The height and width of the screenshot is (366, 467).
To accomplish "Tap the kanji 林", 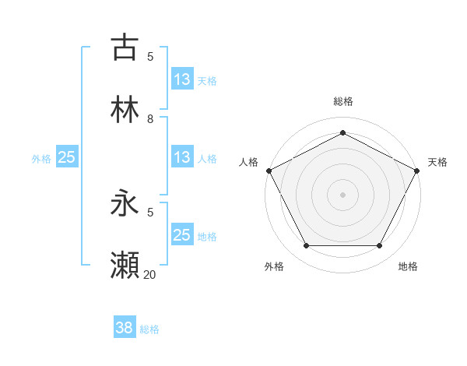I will coord(125,110).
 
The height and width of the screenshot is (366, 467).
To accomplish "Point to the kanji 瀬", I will coord(125,266).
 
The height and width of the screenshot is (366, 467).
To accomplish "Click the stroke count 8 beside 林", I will coord(150,119).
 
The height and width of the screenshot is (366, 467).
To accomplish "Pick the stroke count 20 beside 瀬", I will coord(150,274).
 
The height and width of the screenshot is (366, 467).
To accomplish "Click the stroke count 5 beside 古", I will coord(150,56).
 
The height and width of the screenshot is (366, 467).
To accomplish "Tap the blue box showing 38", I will coord(125,328).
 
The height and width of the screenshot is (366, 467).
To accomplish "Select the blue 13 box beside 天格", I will coord(182,79).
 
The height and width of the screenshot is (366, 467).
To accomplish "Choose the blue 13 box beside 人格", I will coord(182,157).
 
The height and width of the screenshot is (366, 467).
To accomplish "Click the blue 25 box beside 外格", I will coord(67,157).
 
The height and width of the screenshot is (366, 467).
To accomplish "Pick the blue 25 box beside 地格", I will coord(182,235).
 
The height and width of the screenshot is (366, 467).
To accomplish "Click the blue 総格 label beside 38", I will coord(149,329).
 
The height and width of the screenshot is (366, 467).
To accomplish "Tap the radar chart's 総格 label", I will coord(343,101).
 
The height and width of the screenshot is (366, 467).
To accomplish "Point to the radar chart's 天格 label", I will coord(437,162).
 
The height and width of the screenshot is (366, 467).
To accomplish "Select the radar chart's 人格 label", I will coord(249,162).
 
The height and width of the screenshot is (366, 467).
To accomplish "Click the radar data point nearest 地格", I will coord(380,246).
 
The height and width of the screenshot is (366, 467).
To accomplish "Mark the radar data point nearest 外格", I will coord(306,246).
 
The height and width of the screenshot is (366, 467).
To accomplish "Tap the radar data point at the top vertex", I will coord(343,132).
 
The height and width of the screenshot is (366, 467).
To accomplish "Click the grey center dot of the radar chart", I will coord(343,194).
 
